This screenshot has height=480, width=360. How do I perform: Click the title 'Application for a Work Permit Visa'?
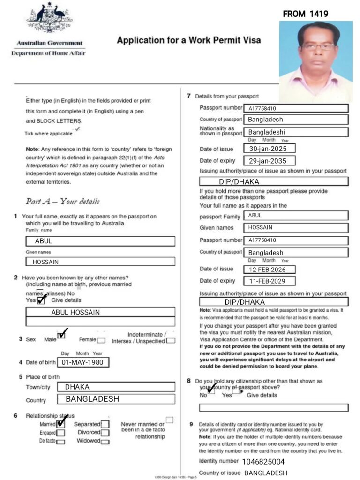click(x=188, y=40)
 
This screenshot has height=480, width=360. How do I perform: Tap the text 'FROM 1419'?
click(x=305, y=14)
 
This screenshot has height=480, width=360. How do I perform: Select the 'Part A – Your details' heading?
click(x=62, y=201)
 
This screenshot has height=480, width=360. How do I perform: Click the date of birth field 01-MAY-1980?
click(x=83, y=362)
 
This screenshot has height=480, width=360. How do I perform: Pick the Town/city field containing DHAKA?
click(x=116, y=387)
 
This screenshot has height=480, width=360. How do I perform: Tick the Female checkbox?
click(x=101, y=340)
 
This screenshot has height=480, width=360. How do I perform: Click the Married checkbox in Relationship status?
click(x=60, y=424)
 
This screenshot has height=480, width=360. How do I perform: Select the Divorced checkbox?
click(x=105, y=433)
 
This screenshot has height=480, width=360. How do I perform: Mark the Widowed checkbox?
click(x=105, y=442)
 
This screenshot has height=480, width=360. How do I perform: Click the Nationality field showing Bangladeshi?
click(x=296, y=132)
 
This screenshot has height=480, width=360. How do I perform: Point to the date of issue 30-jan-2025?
click(x=270, y=149)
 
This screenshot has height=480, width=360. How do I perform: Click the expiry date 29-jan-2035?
click(x=270, y=161)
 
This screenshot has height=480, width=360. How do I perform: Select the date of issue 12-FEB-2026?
click(x=270, y=270)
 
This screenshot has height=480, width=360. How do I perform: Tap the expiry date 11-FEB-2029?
click(x=270, y=281)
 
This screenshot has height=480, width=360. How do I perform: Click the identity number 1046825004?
click(x=263, y=461)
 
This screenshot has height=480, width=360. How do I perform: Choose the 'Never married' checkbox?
click(x=169, y=420)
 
